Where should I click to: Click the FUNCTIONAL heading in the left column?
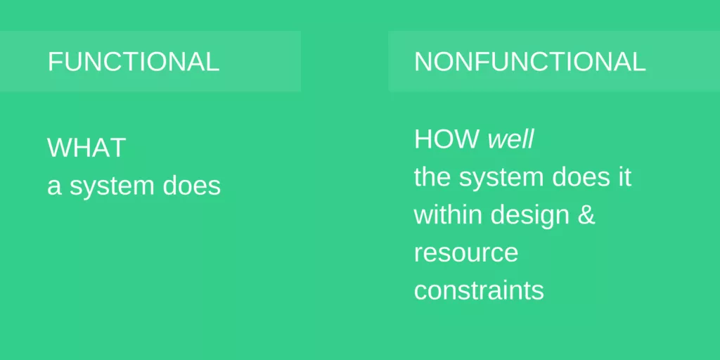(134, 62)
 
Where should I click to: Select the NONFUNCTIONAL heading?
(529, 62)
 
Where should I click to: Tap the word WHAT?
(86, 148)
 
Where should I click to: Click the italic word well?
(511, 139)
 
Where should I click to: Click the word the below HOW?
(432, 177)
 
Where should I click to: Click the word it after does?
(624, 177)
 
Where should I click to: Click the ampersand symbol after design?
(586, 214)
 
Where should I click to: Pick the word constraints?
(479, 290)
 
